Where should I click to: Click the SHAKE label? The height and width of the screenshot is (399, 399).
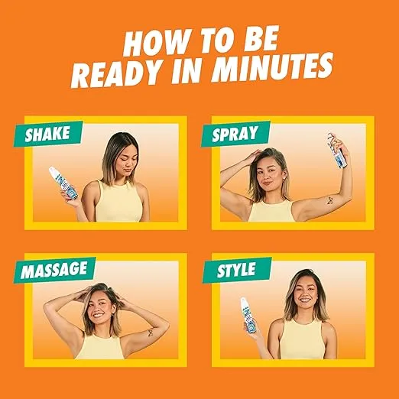(x=47, y=135)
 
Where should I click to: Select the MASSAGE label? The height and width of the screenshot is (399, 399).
(x=53, y=270)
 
